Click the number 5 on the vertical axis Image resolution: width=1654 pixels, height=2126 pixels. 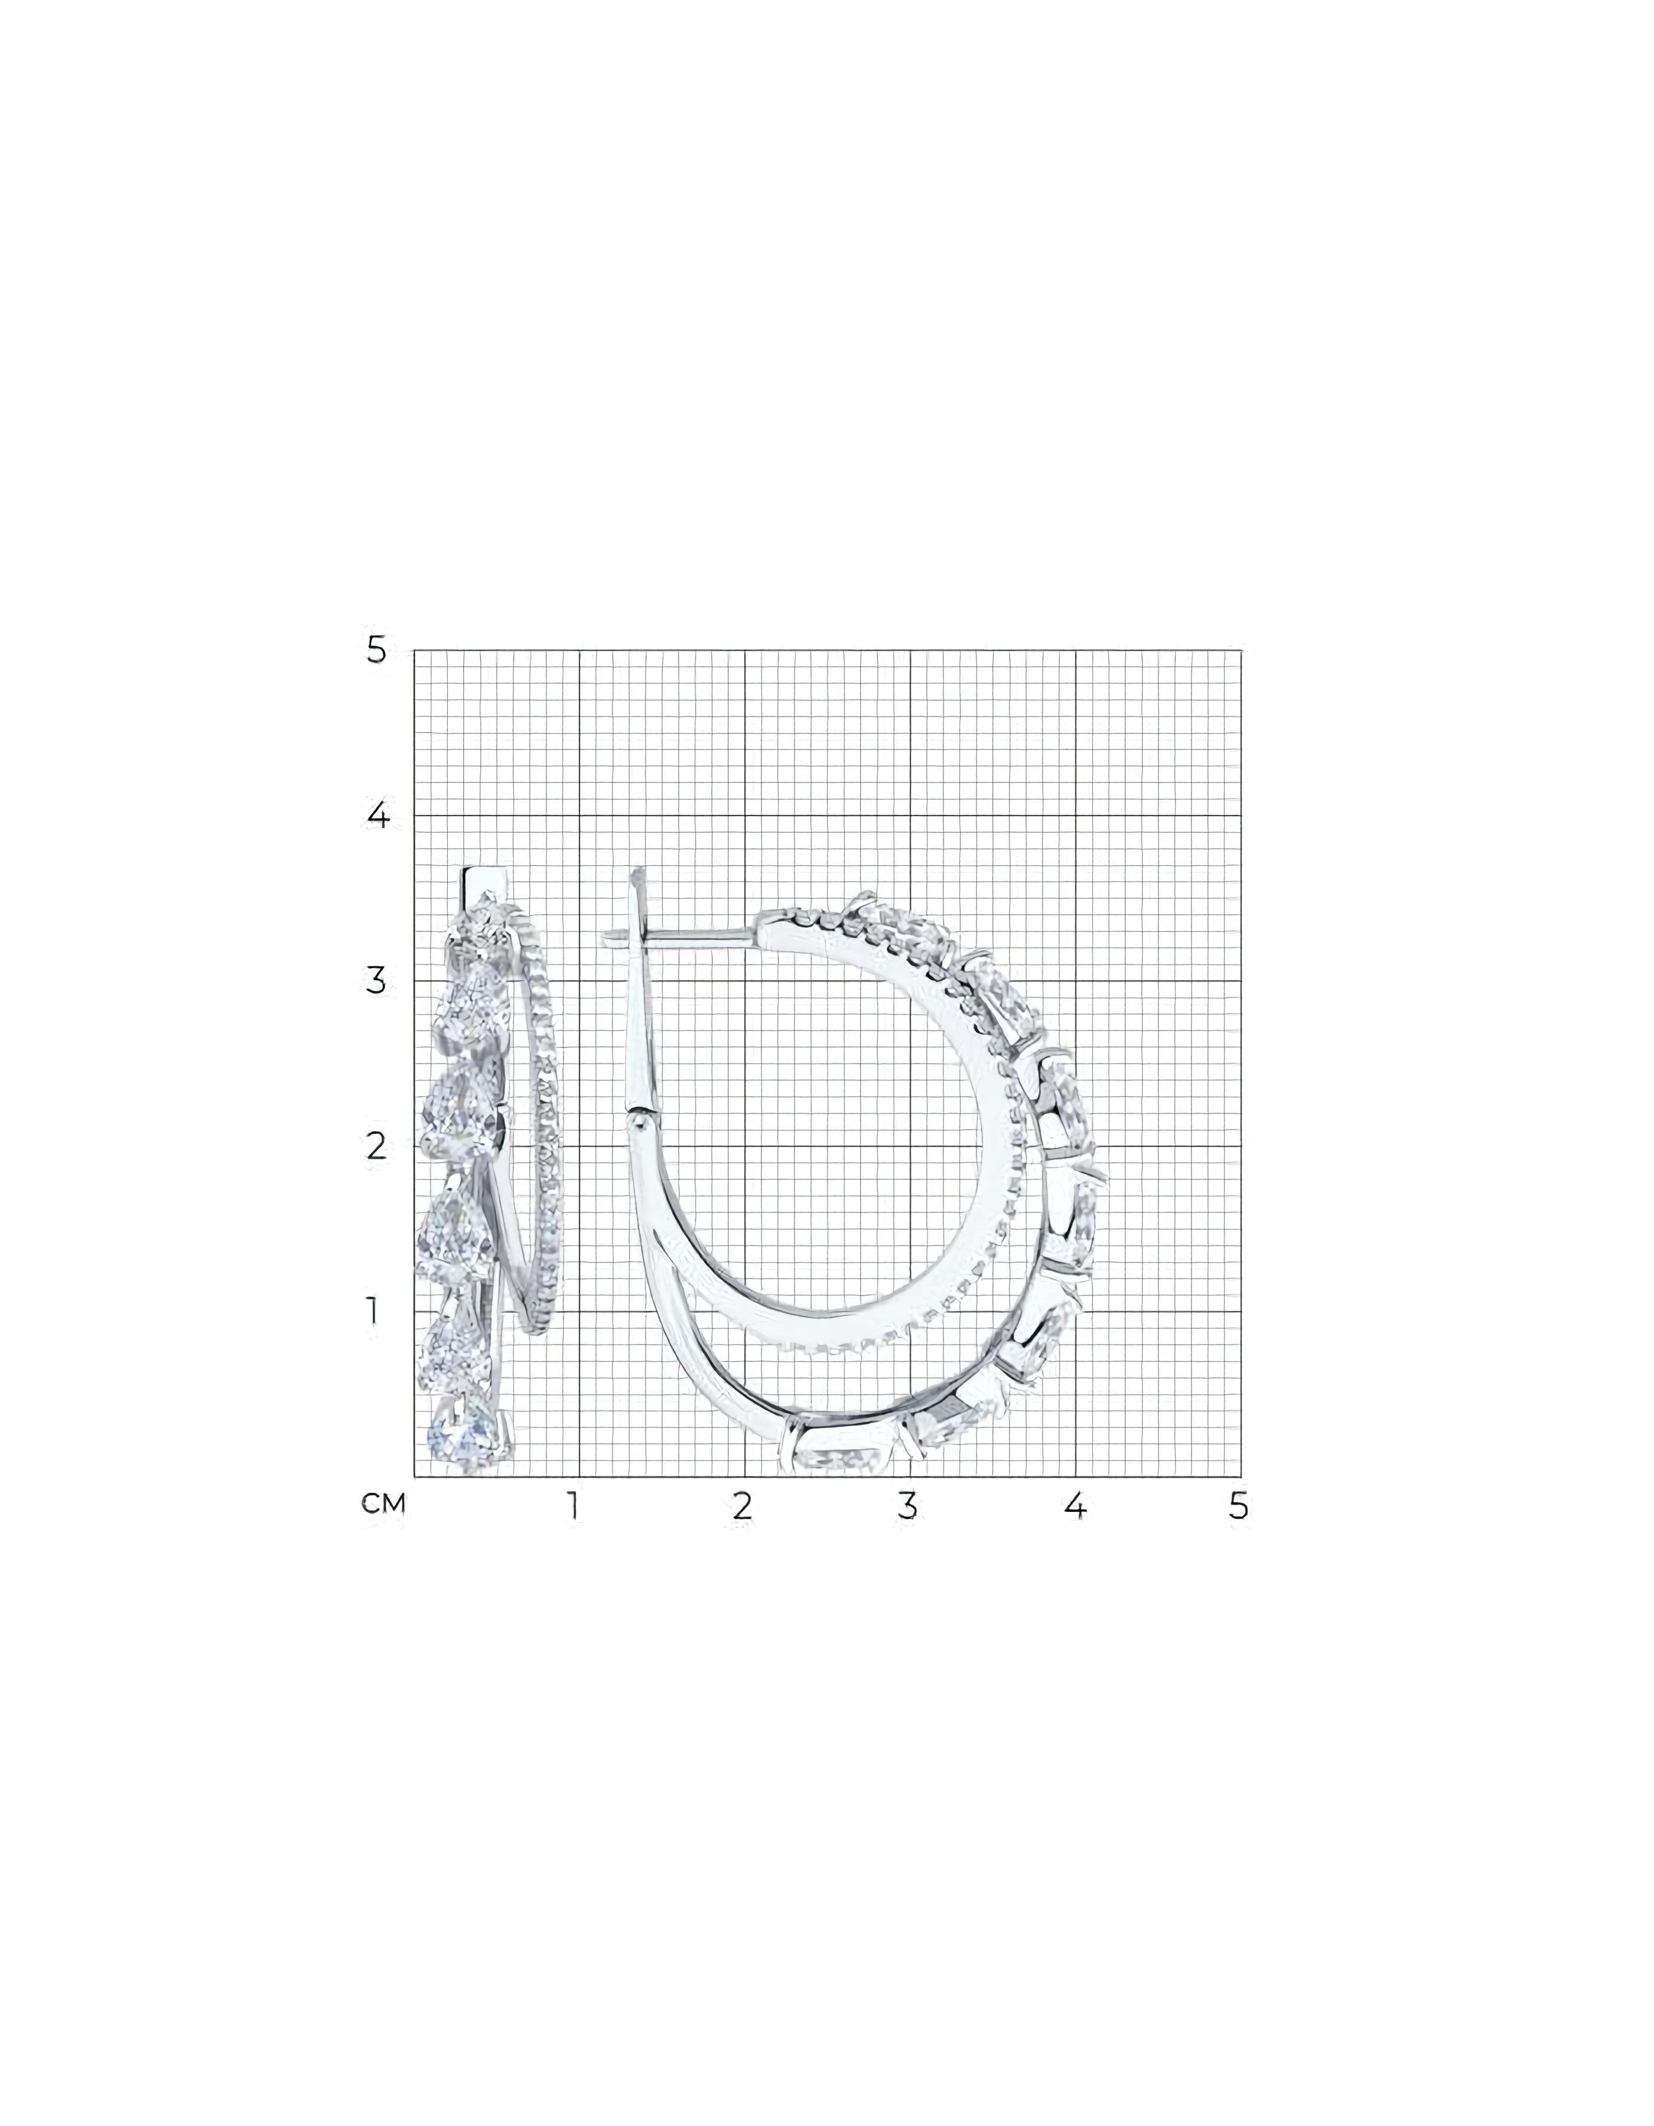pyautogui.click(x=377, y=650)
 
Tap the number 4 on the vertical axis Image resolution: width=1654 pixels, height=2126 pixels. pyautogui.click(x=377, y=816)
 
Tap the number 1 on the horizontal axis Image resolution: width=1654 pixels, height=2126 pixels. pyautogui.click(x=574, y=1506)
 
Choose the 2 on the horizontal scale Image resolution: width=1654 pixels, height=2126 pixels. pyautogui.click(x=743, y=1506)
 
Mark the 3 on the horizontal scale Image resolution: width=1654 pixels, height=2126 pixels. pyautogui.click(x=907, y=1506)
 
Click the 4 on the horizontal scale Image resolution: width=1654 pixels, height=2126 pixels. pyautogui.click(x=1074, y=1506)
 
